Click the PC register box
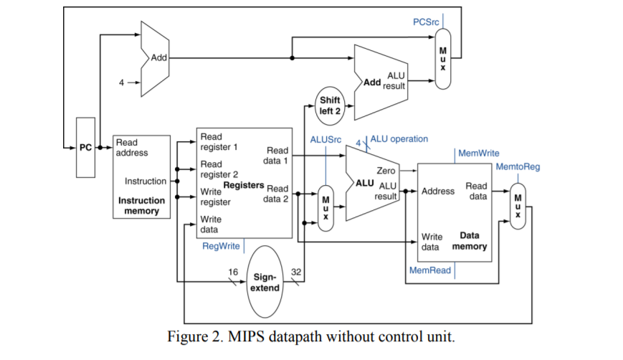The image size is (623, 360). click(x=85, y=148)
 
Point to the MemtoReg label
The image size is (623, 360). click(x=518, y=166)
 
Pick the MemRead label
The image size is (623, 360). click(x=430, y=270)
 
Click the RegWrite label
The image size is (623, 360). click(x=221, y=246)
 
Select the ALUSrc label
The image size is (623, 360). click(x=325, y=138)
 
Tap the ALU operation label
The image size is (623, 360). click(x=399, y=138)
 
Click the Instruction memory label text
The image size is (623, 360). click(x=141, y=206)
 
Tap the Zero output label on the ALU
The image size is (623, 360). click(x=386, y=171)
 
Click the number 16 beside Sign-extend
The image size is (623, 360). click(x=232, y=272)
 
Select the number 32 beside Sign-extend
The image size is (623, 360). click(x=295, y=272)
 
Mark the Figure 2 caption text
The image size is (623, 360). click(x=310, y=336)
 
